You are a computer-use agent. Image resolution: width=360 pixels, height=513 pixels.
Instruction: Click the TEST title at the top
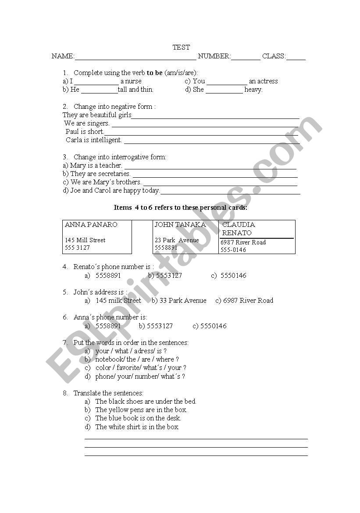(x=181, y=47)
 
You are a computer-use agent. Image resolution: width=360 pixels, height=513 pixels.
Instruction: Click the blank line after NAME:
(x=135, y=57)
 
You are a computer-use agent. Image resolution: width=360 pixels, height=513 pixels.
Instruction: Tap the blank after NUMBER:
(x=246, y=57)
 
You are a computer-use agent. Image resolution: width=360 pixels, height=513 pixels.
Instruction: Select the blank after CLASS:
(x=296, y=57)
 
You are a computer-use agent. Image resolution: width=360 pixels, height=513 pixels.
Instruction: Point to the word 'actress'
(x=267, y=81)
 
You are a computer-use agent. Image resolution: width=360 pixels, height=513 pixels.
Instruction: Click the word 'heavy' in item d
(x=253, y=90)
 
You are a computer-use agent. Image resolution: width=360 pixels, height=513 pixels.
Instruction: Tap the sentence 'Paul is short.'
(x=85, y=132)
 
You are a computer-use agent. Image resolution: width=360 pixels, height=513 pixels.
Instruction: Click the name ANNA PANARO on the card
(x=91, y=225)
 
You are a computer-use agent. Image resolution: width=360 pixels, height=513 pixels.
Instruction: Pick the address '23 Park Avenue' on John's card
(x=177, y=240)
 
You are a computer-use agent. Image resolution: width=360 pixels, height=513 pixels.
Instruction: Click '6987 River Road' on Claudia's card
(x=243, y=242)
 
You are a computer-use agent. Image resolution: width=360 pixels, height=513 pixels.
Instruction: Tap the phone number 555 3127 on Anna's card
(x=77, y=248)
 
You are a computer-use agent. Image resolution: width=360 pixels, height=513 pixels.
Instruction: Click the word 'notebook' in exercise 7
(x=110, y=359)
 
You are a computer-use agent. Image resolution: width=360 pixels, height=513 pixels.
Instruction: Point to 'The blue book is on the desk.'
(x=138, y=418)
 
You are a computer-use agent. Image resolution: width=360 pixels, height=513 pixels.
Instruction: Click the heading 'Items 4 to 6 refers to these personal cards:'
(x=180, y=208)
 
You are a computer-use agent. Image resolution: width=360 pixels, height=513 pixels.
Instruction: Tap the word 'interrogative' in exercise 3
(x=129, y=157)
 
